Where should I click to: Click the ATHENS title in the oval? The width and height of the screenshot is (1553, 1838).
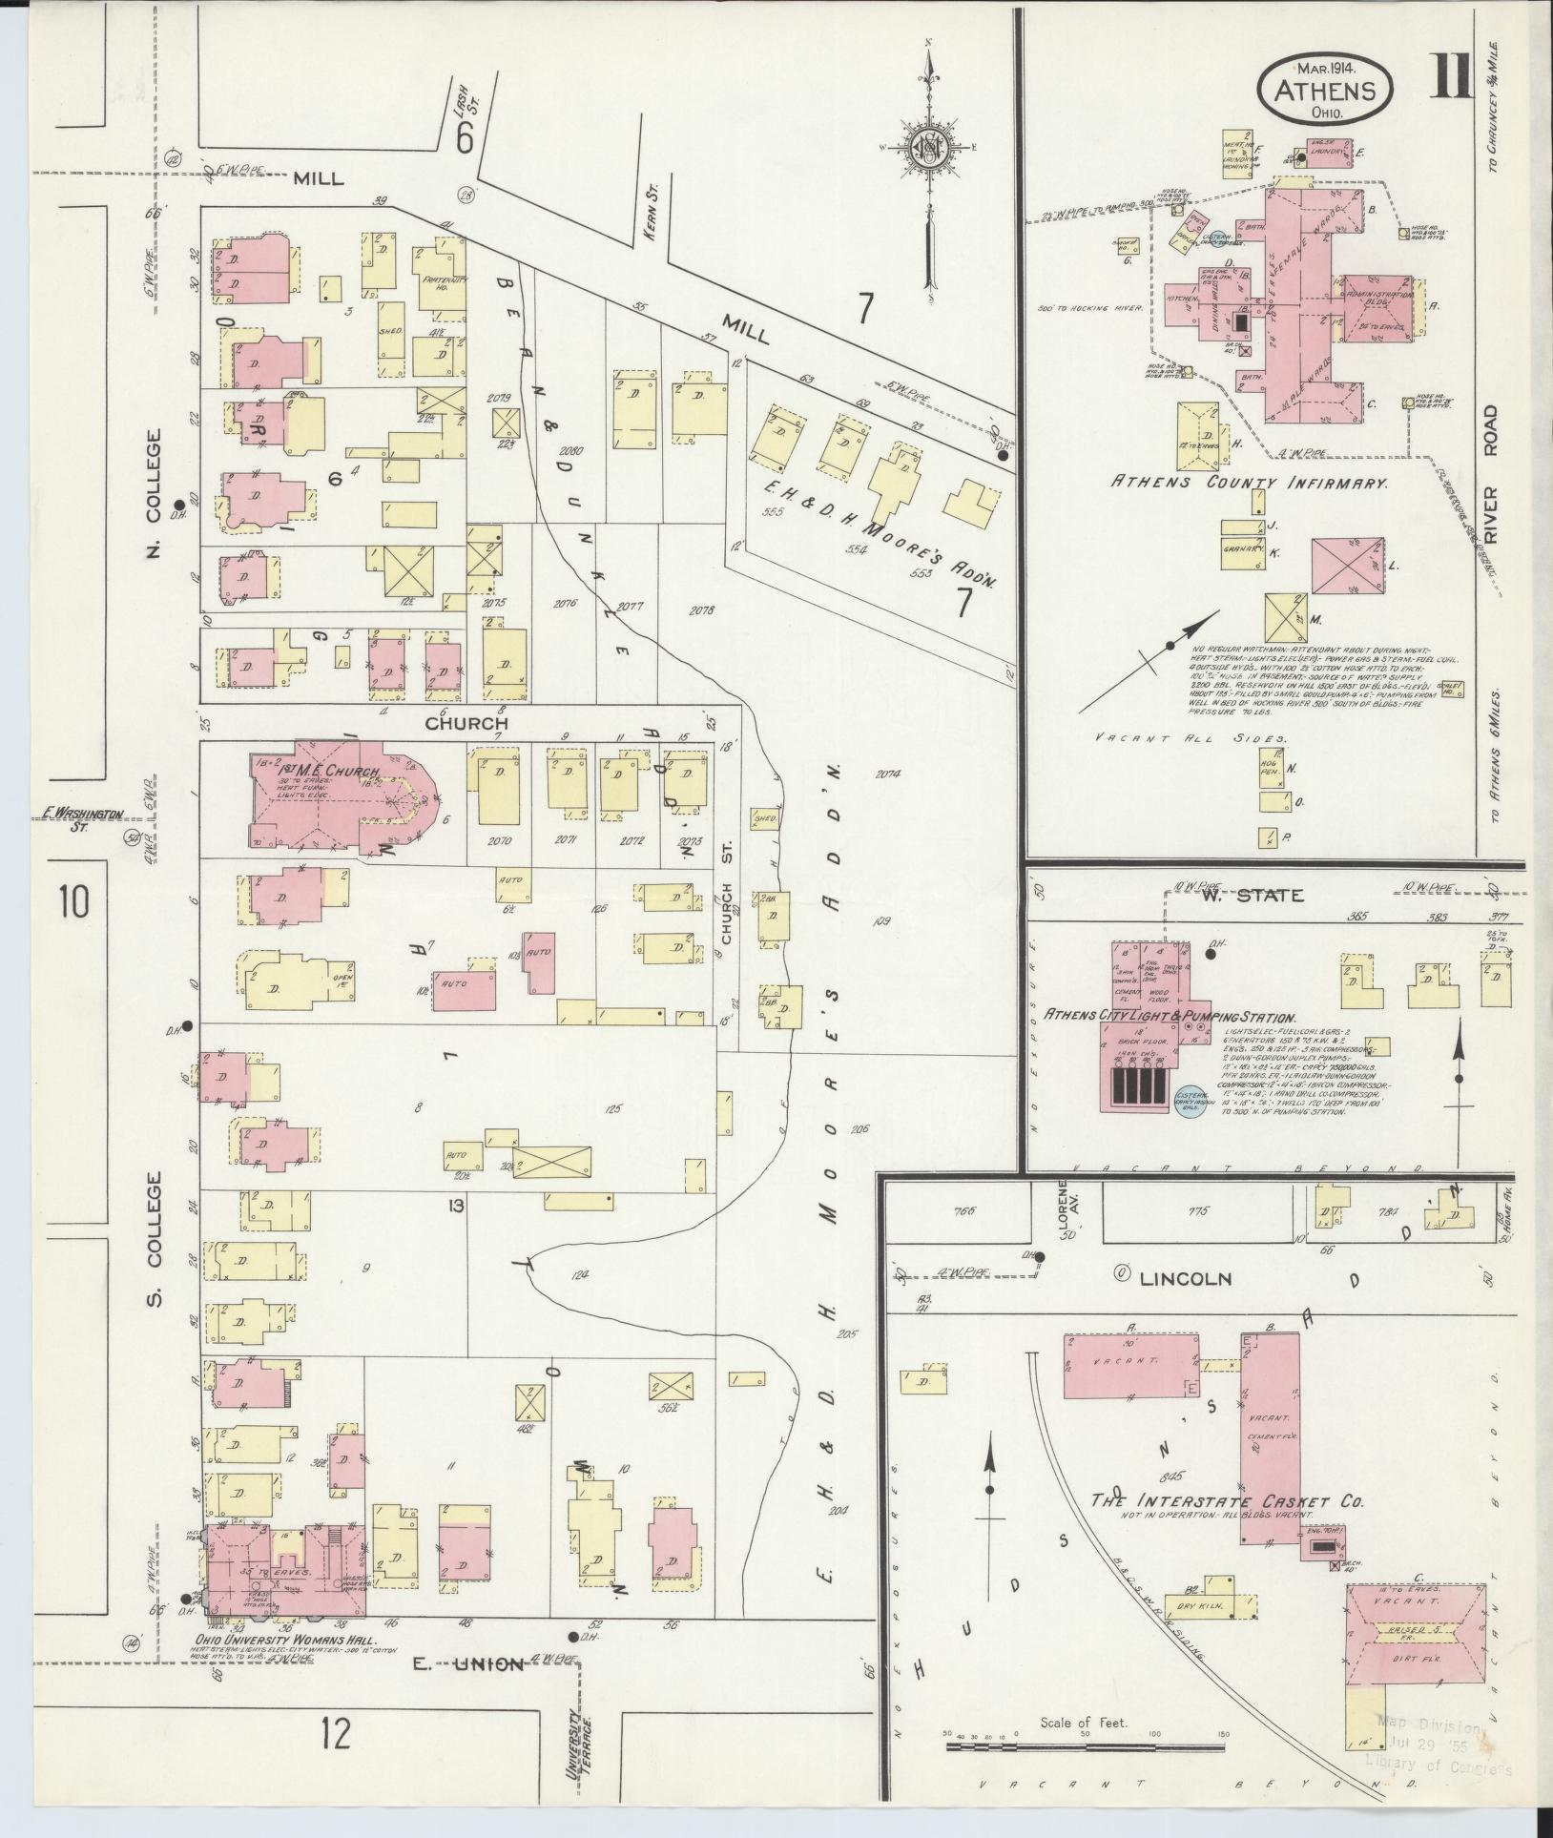[x=1325, y=91]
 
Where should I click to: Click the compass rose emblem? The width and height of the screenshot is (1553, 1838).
[x=924, y=148]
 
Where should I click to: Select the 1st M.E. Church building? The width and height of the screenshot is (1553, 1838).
[x=342, y=800]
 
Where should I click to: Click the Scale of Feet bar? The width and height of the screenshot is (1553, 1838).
[x=1084, y=1746]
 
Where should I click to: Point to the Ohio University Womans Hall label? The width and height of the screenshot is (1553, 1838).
[x=263, y=1640]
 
